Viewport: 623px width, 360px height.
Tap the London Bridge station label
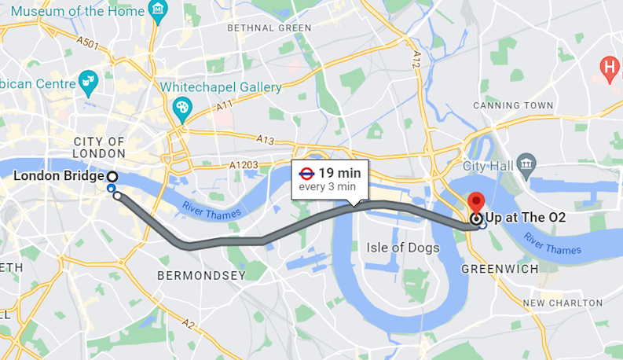coord(59,176)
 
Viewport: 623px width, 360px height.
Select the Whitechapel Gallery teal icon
coord(182,108)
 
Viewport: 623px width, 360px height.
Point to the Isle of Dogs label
coord(402,248)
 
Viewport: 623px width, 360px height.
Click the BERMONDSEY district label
coord(201,275)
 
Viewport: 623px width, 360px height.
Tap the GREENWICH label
coord(500,269)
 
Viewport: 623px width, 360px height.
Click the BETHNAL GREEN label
coord(269,28)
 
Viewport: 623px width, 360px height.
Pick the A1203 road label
coord(243,166)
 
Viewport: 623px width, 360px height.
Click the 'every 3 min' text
coord(327,187)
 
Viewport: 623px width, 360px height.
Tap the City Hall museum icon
coord(527,165)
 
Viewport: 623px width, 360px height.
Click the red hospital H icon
coord(609,68)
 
